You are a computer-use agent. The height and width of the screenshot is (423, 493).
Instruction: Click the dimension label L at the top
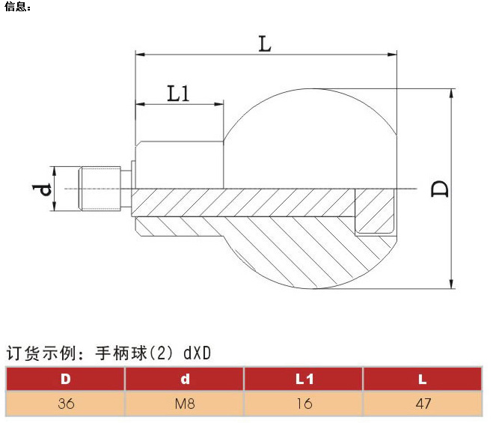click(x=264, y=43)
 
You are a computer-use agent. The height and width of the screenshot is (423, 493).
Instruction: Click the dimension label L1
click(x=178, y=94)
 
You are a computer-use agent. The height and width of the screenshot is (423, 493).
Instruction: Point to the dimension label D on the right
click(x=441, y=188)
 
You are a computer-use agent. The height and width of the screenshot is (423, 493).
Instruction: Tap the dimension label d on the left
click(x=45, y=188)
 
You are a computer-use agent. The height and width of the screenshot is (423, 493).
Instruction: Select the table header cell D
click(x=65, y=379)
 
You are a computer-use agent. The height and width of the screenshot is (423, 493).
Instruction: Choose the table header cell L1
click(x=304, y=379)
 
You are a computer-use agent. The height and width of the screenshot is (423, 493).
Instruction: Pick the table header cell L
click(x=423, y=379)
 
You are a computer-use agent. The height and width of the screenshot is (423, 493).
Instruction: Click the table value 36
click(x=65, y=404)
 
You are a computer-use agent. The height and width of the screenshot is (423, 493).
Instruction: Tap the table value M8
click(x=185, y=404)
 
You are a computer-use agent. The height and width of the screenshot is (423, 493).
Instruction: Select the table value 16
click(x=304, y=404)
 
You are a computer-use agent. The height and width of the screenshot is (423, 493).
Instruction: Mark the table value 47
click(x=423, y=404)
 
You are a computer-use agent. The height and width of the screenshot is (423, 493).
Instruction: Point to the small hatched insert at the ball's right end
click(x=375, y=211)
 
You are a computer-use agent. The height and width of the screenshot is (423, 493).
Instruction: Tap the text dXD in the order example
click(x=197, y=353)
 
